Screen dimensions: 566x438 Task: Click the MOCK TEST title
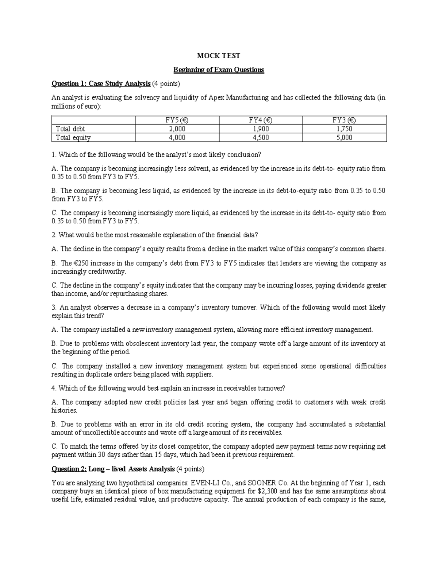click(218, 56)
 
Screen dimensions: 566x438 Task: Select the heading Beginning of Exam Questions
click(218, 70)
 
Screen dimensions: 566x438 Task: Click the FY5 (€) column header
click(177, 120)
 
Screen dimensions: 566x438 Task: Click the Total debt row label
click(70, 129)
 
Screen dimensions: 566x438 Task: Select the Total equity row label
click(73, 138)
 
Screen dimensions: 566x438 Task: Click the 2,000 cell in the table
click(177, 129)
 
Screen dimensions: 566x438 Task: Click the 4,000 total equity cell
click(177, 138)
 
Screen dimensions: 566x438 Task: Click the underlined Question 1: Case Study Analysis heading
click(101, 84)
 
